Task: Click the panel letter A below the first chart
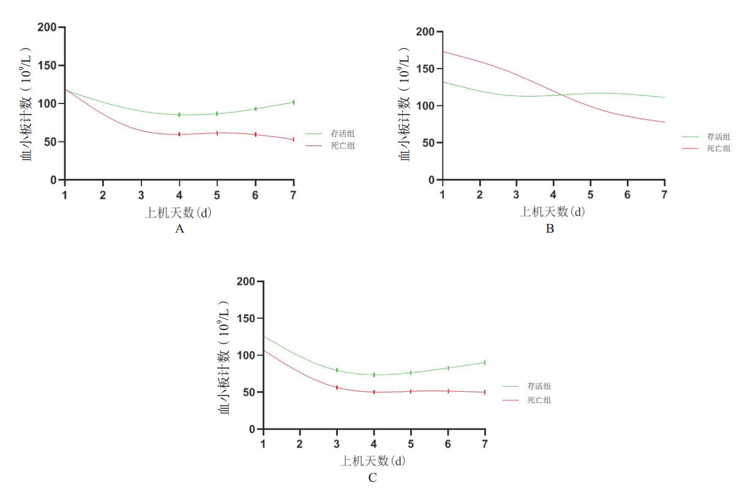point(179,229)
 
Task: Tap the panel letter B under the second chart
point(550,230)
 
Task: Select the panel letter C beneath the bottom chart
point(373,478)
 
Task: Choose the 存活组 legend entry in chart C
point(539,386)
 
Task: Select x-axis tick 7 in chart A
point(294,194)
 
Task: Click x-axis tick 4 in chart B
point(553,194)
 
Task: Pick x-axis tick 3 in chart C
point(337,443)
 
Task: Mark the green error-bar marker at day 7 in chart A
point(294,102)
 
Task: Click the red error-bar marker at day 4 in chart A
point(179,134)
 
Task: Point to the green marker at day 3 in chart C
point(337,370)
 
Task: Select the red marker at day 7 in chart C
point(485,392)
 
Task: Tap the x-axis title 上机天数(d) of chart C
point(373,460)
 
